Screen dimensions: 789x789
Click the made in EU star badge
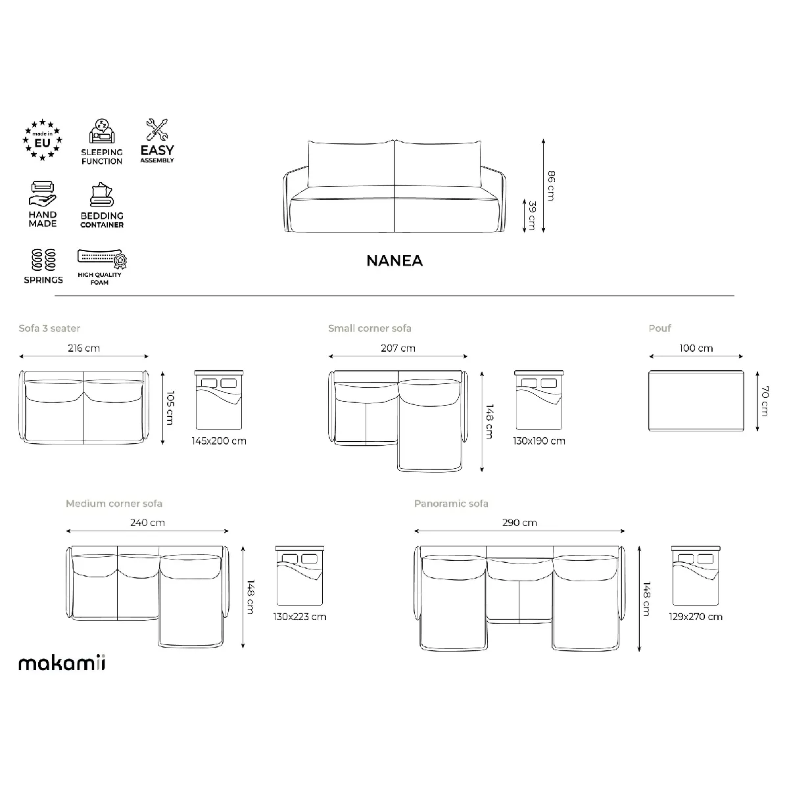[42, 140]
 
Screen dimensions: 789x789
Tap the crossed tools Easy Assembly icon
[157, 130]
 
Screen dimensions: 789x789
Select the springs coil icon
[43, 260]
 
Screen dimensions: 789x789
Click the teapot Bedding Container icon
[101, 194]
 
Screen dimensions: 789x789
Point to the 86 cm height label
[551, 186]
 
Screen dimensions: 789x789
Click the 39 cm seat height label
[532, 216]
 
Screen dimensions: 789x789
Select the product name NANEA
[394, 261]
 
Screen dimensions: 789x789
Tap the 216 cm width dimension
[84, 348]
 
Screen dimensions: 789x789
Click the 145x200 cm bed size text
[219, 441]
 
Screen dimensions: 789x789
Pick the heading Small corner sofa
[370, 328]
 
